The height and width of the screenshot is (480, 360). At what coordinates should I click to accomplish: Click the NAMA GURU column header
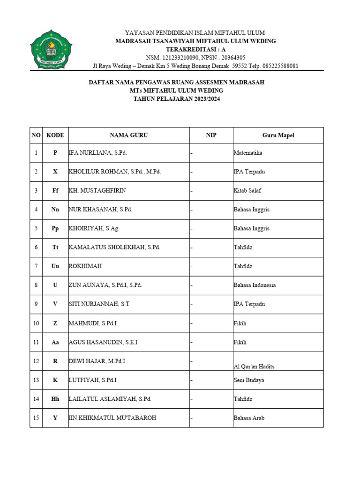[128, 135]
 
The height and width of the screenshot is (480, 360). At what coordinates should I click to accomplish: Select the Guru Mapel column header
[278, 135]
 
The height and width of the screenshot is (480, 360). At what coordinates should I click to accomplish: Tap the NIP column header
[211, 135]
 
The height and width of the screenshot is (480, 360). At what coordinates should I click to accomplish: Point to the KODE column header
[55, 135]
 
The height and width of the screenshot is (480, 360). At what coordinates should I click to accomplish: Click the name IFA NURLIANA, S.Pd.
[97, 153]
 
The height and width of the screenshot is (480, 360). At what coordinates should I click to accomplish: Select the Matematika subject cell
[247, 153]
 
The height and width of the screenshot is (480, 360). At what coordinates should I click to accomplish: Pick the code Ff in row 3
[55, 191]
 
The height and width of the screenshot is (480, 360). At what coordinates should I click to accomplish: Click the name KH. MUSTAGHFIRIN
[97, 191]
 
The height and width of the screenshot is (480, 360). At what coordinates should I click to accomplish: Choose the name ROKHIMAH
[84, 266]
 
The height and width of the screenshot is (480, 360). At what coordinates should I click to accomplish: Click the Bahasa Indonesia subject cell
[255, 285]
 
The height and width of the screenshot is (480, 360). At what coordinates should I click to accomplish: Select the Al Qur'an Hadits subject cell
[254, 366]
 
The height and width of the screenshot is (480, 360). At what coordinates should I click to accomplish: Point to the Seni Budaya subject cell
[248, 380]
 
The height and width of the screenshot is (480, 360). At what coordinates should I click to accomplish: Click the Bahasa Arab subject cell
[248, 418]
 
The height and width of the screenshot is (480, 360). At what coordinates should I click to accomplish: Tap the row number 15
[36, 418]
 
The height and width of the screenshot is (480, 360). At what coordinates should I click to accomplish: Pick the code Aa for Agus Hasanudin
[55, 342]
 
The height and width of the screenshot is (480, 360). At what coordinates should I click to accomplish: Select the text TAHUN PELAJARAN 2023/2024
[177, 99]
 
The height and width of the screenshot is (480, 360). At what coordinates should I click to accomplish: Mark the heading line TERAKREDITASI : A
[195, 49]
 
